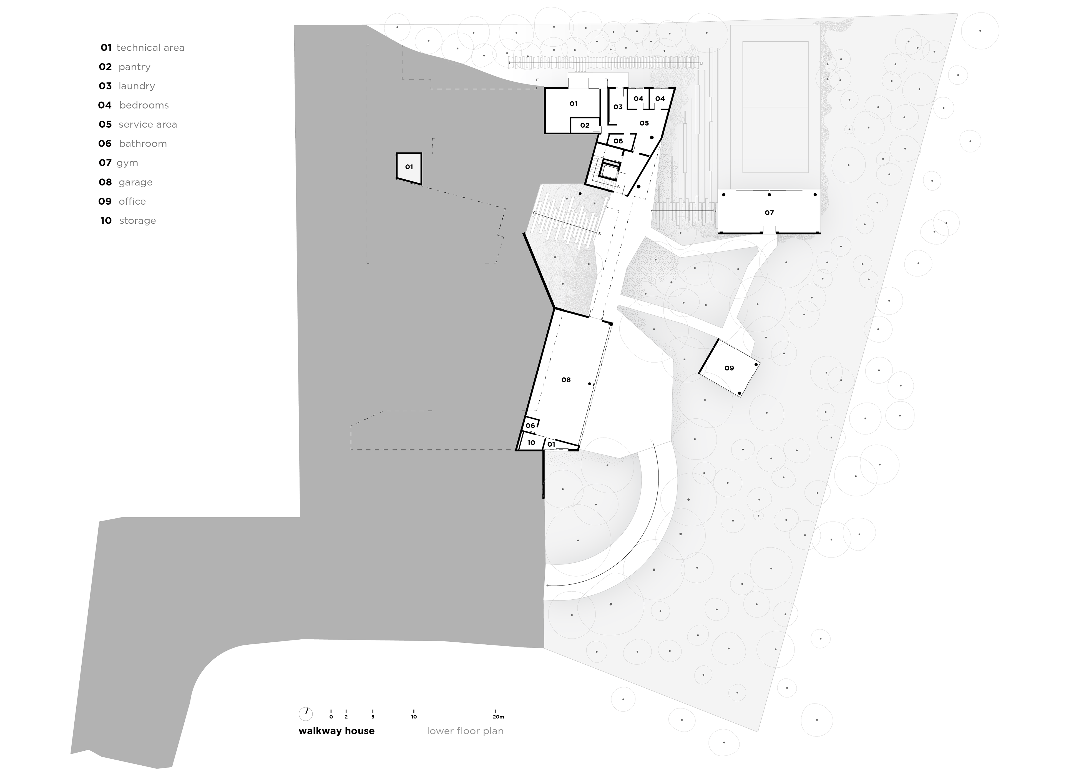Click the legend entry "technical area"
click(x=150, y=48)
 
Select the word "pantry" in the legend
click(x=134, y=67)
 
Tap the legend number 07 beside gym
click(x=105, y=163)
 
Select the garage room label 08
click(x=566, y=380)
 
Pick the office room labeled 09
click(x=729, y=368)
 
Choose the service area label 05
click(x=644, y=123)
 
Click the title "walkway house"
click(x=337, y=731)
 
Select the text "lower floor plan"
click(x=465, y=731)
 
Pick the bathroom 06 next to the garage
click(x=531, y=425)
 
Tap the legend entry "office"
click(x=132, y=201)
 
